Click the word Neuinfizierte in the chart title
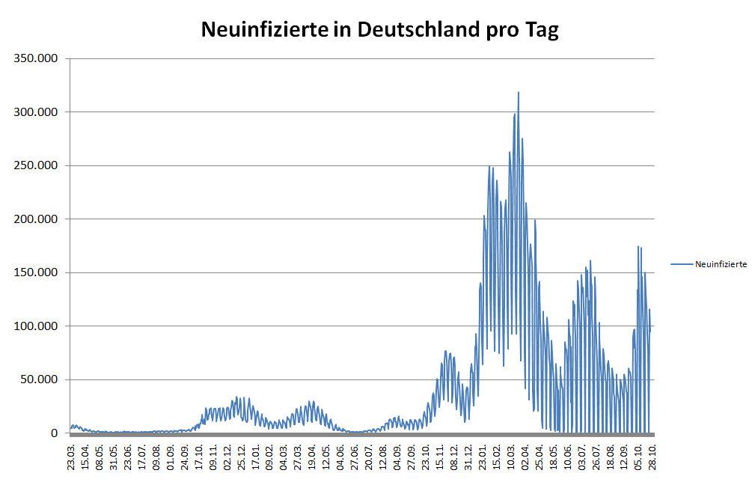264,31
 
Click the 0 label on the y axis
54,433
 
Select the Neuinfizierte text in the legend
721,264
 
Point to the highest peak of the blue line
519,92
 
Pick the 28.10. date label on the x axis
652,454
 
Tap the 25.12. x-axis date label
242,454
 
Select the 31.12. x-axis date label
468,454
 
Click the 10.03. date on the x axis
511,454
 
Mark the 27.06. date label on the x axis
355,454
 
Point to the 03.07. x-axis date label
582,454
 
